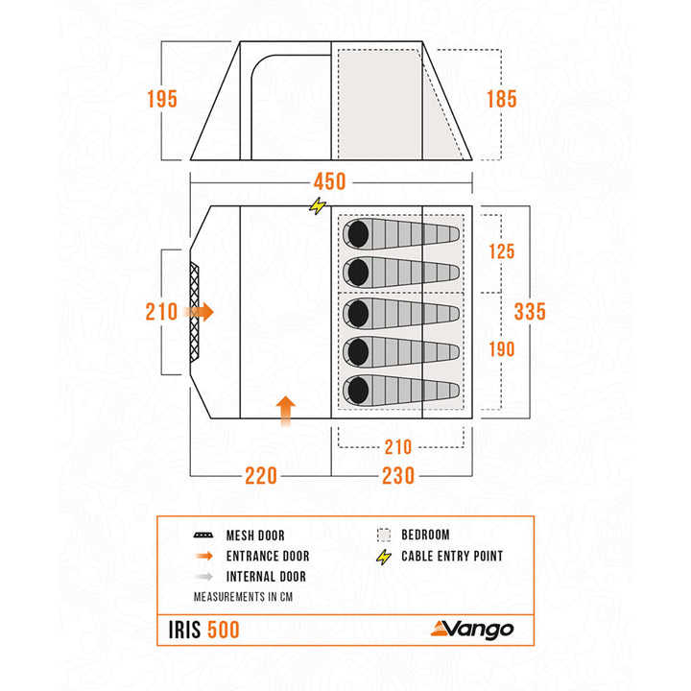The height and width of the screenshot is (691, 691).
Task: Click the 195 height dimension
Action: pyautogui.click(x=162, y=99)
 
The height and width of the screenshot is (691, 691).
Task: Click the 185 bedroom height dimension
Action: pyautogui.click(x=502, y=99)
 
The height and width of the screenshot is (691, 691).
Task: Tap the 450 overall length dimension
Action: pyautogui.click(x=329, y=181)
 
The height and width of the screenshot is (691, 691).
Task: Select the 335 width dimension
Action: pyautogui.click(x=530, y=312)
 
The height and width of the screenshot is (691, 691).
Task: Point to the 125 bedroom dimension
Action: pyautogui.click(x=502, y=251)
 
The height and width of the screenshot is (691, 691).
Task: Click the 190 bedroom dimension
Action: pyautogui.click(x=502, y=349)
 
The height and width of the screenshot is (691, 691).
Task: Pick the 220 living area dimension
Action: pyautogui.click(x=261, y=476)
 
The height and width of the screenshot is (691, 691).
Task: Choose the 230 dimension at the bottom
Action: pyautogui.click(x=398, y=476)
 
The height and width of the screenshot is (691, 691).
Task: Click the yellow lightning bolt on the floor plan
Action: pyautogui.click(x=318, y=205)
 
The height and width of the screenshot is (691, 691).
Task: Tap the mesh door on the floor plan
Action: pyautogui.click(x=194, y=313)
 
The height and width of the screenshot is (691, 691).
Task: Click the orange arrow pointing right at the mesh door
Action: pyautogui.click(x=200, y=313)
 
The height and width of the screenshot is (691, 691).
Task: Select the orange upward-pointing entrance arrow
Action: pyautogui.click(x=286, y=411)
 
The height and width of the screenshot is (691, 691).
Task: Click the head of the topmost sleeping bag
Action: pyautogui.click(x=358, y=234)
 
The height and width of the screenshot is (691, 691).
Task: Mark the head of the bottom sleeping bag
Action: pyautogui.click(x=358, y=391)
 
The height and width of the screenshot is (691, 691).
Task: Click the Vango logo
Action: pyautogui.click(x=472, y=630)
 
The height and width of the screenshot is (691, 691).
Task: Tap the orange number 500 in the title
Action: pyautogui.click(x=224, y=630)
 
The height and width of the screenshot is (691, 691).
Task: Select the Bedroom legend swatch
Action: pyautogui.click(x=384, y=535)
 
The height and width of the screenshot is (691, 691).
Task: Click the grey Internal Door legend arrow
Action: pyautogui.click(x=204, y=577)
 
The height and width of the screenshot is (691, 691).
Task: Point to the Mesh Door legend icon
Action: pyautogui.click(x=203, y=536)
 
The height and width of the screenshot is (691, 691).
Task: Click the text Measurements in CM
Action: pyautogui.click(x=243, y=597)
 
